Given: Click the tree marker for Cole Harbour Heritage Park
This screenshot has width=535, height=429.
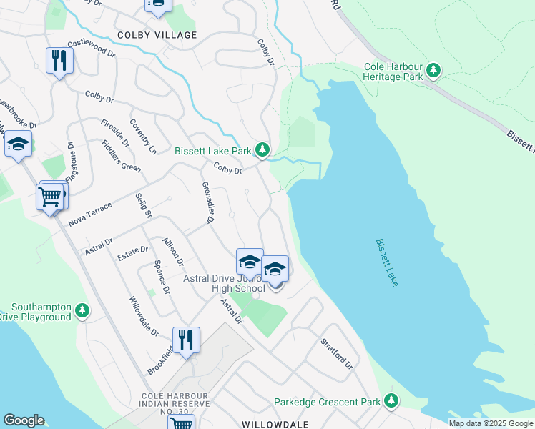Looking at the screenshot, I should pos(433,70).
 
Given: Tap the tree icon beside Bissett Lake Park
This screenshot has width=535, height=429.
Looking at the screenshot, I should pos(263,150).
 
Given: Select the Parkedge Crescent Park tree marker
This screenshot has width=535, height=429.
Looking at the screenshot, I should pos(391,401).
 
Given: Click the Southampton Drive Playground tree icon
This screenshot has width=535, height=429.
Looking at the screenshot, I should pos(83,310).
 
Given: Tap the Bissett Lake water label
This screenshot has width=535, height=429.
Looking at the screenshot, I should pos(387,262).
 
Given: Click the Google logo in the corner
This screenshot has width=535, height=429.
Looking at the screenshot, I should pos(23,420).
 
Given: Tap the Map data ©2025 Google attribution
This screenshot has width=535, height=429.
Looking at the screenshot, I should pos(491,423).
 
